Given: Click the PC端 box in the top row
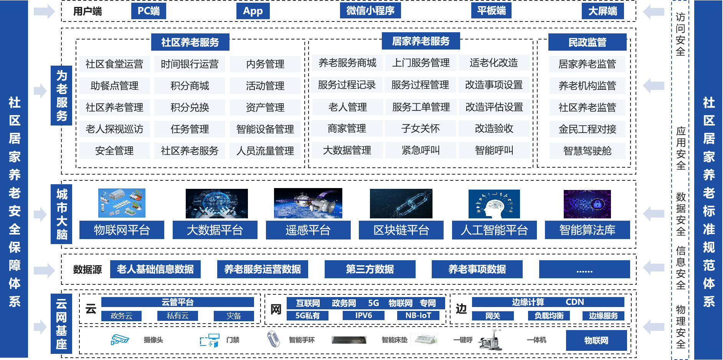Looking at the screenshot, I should [x=149, y=11].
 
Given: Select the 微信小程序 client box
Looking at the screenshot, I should [x=370, y=10].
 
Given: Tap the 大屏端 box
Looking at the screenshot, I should [x=602, y=11].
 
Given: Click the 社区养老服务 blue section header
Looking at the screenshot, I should [x=190, y=42].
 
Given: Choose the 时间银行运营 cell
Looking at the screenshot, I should [x=190, y=64].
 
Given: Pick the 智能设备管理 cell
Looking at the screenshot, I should [x=265, y=129].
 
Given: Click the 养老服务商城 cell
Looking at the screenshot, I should [x=347, y=63].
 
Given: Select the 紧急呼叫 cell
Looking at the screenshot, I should [x=421, y=150].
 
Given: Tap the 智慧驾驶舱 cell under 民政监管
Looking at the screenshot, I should [x=587, y=151].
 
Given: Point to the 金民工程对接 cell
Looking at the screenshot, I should [x=587, y=129].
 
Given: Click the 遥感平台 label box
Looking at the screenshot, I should [x=308, y=230].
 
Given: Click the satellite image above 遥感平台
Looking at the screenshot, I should [x=308, y=204].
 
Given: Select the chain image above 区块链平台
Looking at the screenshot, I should [x=401, y=204].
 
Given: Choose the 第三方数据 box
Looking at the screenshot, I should [x=370, y=269].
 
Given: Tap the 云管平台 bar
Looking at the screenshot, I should [x=178, y=302].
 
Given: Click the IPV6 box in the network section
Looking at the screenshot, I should [x=363, y=315].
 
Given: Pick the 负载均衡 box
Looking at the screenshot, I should [x=549, y=316].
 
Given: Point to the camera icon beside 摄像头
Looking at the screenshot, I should [x=120, y=340].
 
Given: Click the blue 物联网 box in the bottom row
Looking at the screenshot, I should [x=596, y=340].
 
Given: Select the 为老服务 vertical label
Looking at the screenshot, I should [x=61, y=96].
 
